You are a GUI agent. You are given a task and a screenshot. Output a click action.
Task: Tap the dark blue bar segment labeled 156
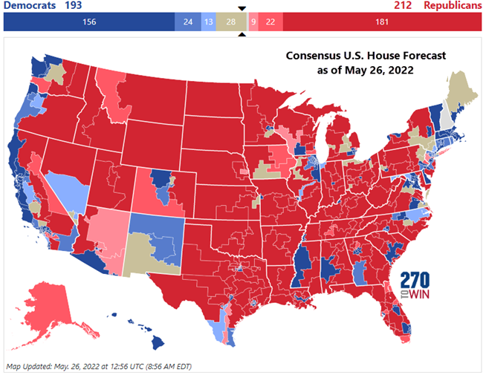pyautogui.click(x=89, y=22)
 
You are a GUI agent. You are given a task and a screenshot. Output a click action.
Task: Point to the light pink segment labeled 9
pyautogui.click(x=253, y=22)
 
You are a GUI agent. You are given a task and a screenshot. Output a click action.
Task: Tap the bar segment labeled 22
pyautogui.click(x=269, y=22)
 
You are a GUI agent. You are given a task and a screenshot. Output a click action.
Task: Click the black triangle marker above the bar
pyautogui.click(x=241, y=9)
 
